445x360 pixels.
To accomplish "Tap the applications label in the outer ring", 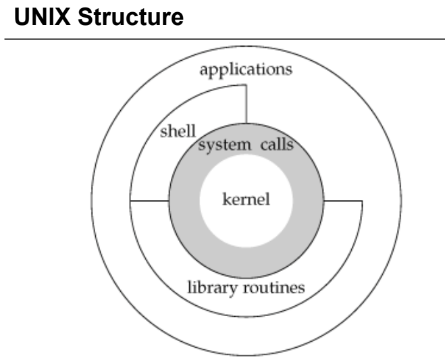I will coord(246,70).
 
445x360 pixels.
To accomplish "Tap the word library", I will coord(209,288).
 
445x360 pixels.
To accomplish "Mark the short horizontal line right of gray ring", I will coord(344,201).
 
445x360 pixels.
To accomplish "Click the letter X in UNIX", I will coord(58,19).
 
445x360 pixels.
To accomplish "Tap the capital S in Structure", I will coord(80,19).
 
